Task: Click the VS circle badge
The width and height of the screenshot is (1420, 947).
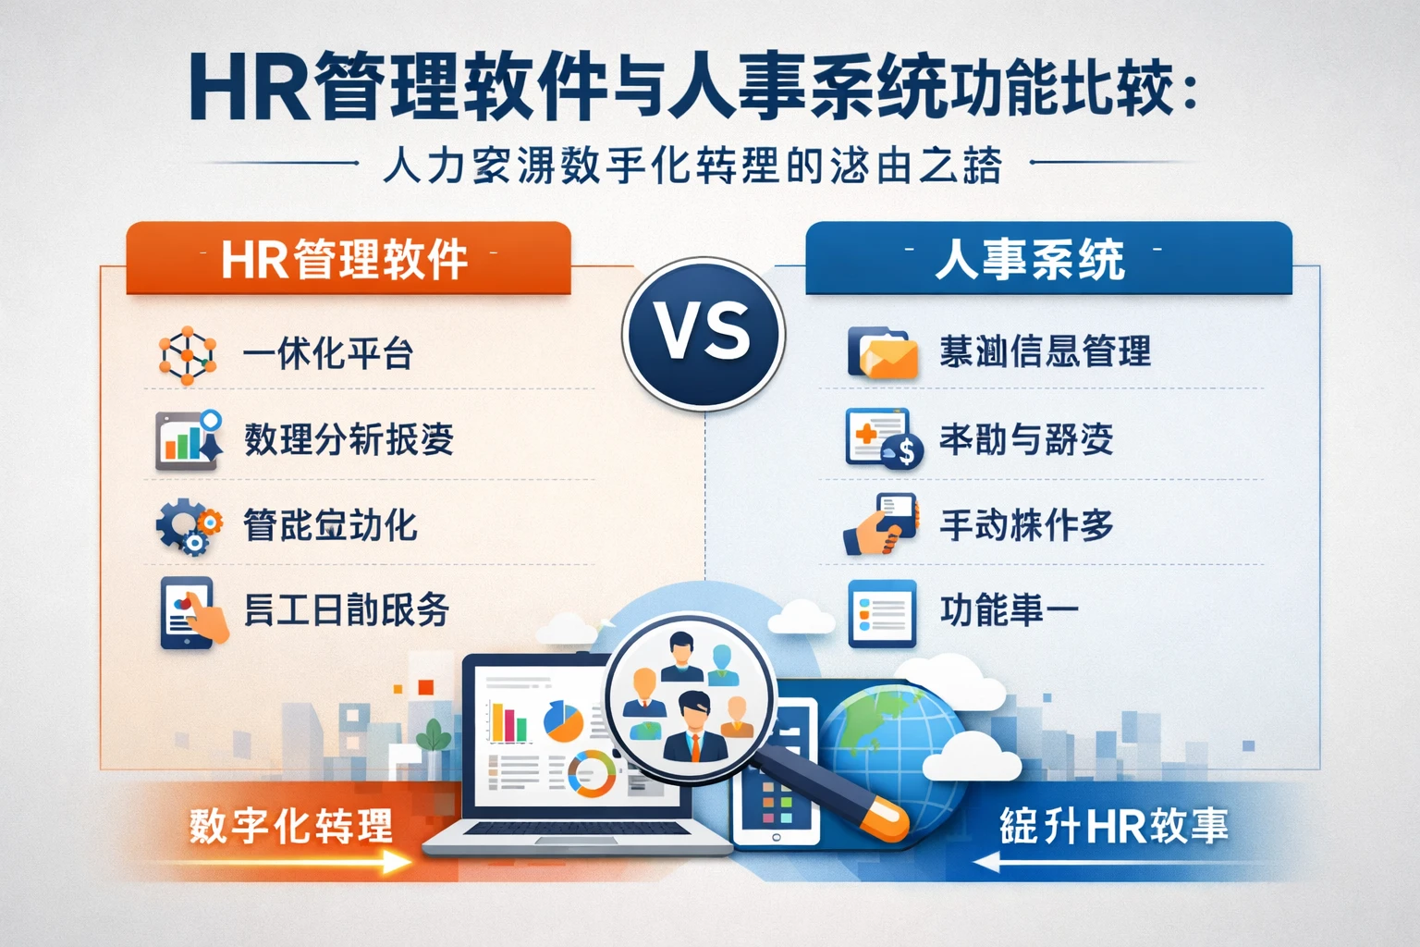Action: tap(704, 333)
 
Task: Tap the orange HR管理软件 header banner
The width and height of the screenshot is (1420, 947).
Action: tap(348, 259)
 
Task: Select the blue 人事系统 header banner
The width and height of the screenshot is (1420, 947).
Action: tap(1047, 259)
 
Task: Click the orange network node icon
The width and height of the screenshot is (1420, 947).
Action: tap(188, 355)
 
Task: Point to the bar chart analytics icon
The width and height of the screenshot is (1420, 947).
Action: tap(189, 439)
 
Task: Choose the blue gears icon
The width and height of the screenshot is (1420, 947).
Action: tap(188, 525)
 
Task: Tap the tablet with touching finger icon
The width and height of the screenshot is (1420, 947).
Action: tap(191, 611)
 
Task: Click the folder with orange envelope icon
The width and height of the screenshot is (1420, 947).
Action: tap(882, 352)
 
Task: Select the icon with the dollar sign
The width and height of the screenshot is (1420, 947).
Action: tap(902, 450)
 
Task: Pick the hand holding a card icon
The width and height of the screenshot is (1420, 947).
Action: tap(881, 523)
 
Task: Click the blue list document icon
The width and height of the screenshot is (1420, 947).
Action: tap(881, 612)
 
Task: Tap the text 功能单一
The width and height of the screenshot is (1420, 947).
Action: tap(1009, 610)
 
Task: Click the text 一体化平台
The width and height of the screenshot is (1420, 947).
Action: tap(327, 354)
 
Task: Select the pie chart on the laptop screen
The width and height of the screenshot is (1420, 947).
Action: tap(562, 720)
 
